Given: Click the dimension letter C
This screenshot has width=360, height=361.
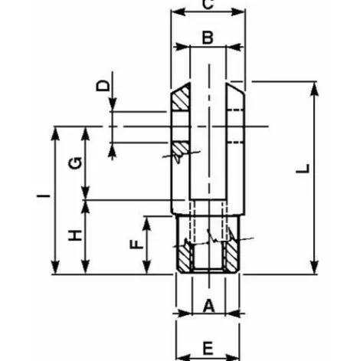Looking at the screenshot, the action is click(x=208, y=5).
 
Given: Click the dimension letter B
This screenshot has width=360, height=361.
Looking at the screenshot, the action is click(x=208, y=38).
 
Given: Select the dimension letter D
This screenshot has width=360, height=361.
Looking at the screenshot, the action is click(x=103, y=85).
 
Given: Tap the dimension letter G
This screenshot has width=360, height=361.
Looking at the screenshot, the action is click(x=75, y=163).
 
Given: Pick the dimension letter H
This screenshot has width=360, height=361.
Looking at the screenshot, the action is click(x=75, y=235).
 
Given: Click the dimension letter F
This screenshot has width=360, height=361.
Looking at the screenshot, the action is click(x=137, y=244).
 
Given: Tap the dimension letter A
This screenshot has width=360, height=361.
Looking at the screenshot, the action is click(x=209, y=306).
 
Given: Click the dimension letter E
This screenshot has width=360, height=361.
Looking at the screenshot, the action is click(x=208, y=348).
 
